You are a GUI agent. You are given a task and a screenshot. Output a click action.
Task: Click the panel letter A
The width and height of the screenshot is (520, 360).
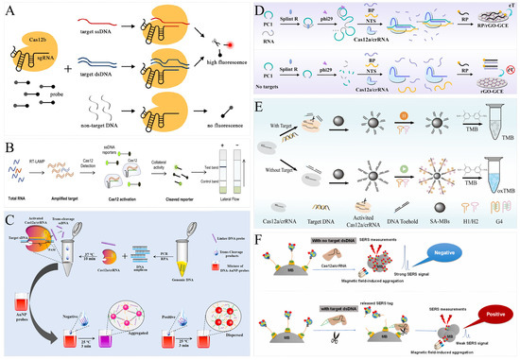[9, 9]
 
